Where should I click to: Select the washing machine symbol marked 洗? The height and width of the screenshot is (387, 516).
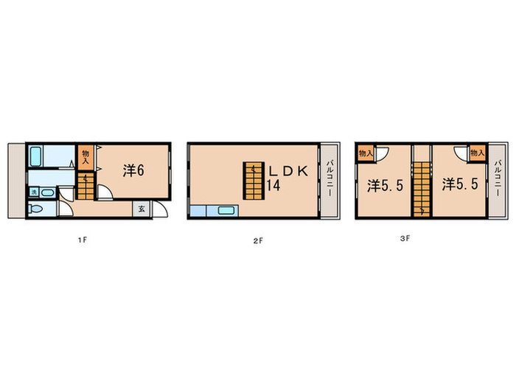coord(34,192)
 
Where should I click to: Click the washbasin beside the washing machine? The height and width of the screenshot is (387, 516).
coord(48,192)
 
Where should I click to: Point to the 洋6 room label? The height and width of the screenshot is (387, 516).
coord(133,170)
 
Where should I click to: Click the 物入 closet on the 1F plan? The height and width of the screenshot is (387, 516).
coord(85,156)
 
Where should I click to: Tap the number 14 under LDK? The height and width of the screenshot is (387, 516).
coord(273,186)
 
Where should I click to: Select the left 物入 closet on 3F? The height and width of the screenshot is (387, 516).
coord(364,153)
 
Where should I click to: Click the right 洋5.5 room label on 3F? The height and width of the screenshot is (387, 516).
coord(464,186)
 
